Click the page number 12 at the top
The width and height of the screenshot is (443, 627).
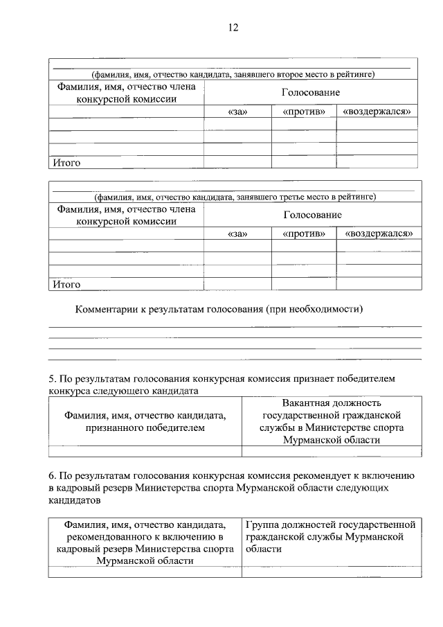233,28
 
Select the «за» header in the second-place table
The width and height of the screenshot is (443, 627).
237,112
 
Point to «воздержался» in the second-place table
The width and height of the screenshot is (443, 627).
377,112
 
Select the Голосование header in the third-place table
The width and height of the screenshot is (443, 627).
312,215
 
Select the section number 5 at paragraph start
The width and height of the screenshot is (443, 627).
51,379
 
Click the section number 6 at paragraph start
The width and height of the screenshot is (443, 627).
51,476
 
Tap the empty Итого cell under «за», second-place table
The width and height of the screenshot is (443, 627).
237,163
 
